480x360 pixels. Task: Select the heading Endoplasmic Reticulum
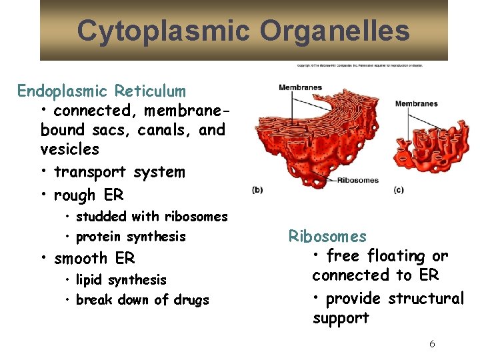(x=101, y=91)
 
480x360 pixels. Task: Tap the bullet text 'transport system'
(x=119, y=172)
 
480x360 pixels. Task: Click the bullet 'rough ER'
(x=89, y=195)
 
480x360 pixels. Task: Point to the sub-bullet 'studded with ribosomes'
(x=151, y=217)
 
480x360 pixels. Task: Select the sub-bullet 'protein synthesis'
(x=131, y=237)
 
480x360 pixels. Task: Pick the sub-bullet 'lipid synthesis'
(x=121, y=280)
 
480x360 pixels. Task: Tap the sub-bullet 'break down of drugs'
(x=142, y=300)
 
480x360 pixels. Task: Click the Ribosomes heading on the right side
(x=327, y=236)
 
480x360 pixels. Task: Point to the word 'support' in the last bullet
(x=341, y=319)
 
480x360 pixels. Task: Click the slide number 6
(x=432, y=344)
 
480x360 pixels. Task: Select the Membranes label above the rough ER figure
(x=300, y=87)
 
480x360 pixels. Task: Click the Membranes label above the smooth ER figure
(x=416, y=103)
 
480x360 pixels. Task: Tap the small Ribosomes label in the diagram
(x=357, y=180)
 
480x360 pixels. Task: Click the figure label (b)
(x=257, y=190)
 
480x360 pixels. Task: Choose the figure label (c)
(x=398, y=190)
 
